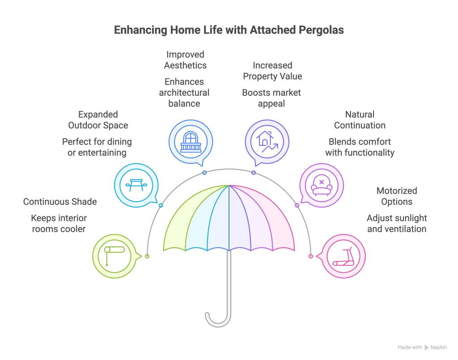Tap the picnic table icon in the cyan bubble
[x=136, y=185]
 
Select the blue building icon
[x=191, y=142]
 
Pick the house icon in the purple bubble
[x=267, y=142]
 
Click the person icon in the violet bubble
[x=321, y=185]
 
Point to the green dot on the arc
[x=147, y=256]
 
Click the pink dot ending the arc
[x=311, y=256]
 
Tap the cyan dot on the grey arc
[x=161, y=205]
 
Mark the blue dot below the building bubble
[x=204, y=172]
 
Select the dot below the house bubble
[x=254, y=172]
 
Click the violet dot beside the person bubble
[x=297, y=205]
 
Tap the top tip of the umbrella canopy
[x=229, y=185]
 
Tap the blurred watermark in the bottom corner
[x=422, y=347]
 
